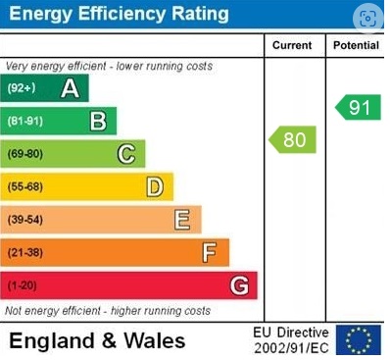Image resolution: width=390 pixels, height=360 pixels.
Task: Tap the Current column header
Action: [292, 45]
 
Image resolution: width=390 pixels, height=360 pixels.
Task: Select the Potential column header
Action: [356, 45]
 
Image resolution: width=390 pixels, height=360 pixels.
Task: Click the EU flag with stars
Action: [358, 339]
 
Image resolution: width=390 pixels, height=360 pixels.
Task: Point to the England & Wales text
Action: [97, 340]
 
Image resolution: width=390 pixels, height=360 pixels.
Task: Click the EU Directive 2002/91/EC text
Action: [291, 340]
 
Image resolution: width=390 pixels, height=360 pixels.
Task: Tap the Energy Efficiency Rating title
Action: [119, 15]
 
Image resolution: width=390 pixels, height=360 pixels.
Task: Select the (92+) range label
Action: [22, 88]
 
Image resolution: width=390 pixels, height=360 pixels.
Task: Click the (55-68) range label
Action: [25, 185]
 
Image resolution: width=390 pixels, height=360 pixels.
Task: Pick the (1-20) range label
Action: [23, 285]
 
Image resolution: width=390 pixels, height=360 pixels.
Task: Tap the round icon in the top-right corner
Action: [366, 19]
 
